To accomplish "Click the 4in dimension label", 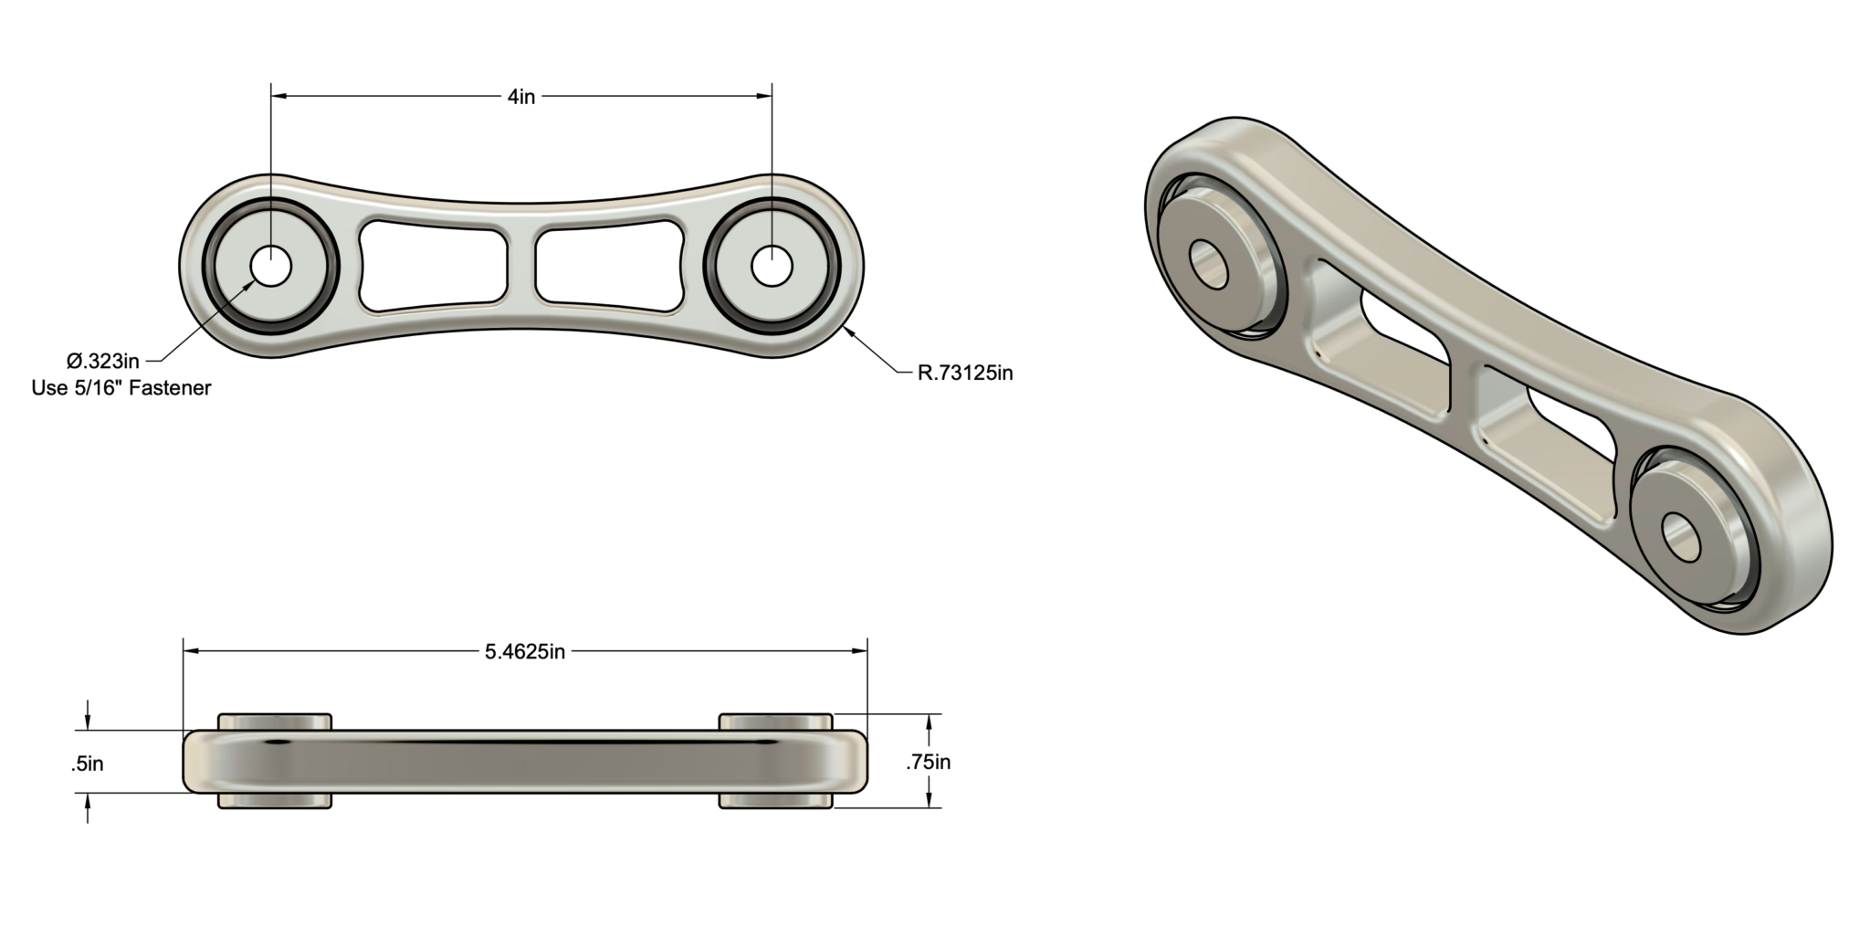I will coord(521,96).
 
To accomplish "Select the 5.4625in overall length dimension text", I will coord(524,651).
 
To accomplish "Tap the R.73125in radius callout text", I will coord(965,373).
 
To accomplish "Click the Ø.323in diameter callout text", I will coord(103,361).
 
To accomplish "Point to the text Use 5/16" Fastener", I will coord(121,388).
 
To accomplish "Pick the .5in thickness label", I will coord(88,764).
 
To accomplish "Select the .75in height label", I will coord(928,762).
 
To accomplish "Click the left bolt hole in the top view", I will coord(270,267).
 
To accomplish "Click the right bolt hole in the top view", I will coord(772,267).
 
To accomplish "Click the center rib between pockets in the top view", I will coord(521,266).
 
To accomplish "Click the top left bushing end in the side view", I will coord(275,722).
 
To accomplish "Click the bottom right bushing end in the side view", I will coord(775,801).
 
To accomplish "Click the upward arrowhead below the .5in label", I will coord(88,801).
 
